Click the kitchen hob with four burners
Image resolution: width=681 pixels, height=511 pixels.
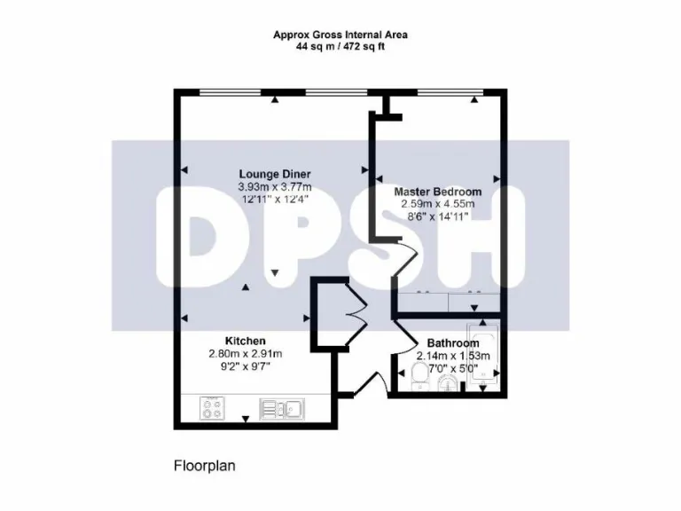point(213,409)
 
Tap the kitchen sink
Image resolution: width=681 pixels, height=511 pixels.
point(281,409)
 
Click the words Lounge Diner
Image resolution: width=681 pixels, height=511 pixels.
point(274,174)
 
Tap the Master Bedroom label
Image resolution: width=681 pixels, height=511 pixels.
point(437,192)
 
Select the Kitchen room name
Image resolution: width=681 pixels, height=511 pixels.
point(245,341)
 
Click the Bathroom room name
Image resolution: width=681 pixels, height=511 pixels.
point(453,343)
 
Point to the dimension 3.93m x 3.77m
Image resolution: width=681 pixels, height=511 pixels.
point(274,186)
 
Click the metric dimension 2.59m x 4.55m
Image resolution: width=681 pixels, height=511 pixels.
point(437,204)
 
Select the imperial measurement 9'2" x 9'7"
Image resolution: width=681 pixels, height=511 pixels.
point(245,366)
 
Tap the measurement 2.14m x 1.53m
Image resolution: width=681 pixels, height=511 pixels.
point(453,356)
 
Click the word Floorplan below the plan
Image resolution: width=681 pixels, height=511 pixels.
point(203,464)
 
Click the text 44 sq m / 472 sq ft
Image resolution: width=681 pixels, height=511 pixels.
point(340,46)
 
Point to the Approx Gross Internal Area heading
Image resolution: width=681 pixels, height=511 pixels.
point(340,35)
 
